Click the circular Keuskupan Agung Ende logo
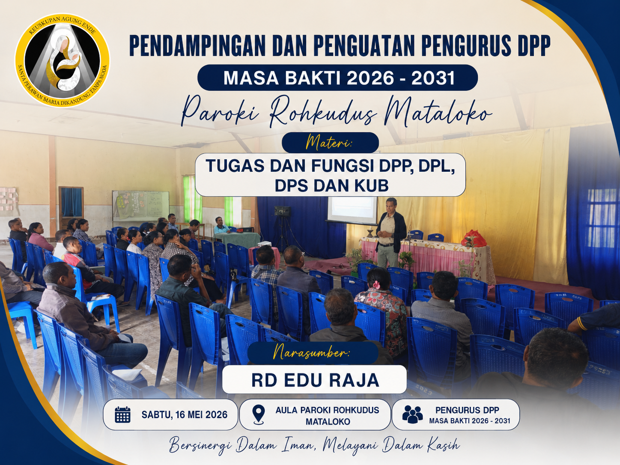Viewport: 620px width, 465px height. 62,60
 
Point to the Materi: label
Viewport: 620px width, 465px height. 330,143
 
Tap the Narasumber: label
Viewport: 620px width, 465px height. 313,353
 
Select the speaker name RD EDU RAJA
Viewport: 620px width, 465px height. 315,380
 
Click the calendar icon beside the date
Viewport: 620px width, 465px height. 122,414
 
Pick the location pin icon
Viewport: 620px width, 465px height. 259,414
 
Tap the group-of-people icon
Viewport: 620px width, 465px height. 412,414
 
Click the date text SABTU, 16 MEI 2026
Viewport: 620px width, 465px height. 185,414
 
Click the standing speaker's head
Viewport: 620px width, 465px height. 391,205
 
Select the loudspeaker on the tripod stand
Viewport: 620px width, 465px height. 283,211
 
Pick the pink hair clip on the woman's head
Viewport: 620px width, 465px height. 376,285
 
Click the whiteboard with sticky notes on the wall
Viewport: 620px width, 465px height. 141,206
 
